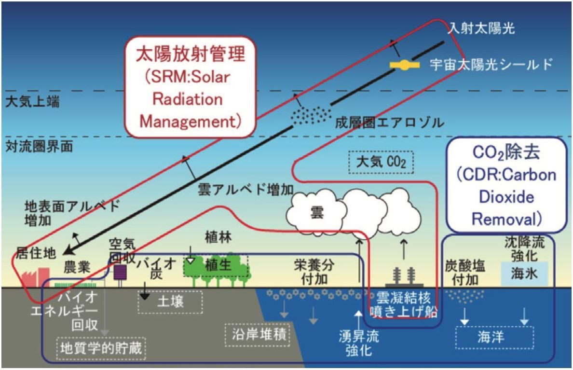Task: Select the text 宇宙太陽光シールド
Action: (491, 65)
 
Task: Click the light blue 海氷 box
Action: (524, 273)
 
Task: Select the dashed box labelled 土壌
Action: (170, 302)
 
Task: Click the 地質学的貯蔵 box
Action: (101, 347)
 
